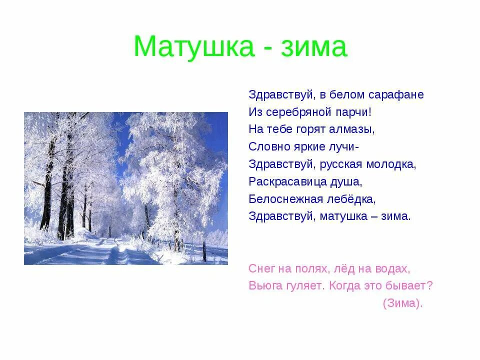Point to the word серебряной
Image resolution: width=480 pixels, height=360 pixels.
pyautogui.click(x=292, y=112)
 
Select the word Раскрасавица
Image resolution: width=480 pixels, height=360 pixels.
pyautogui.click(x=287, y=181)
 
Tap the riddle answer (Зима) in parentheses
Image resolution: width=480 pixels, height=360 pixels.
pyautogui.click(x=402, y=303)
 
